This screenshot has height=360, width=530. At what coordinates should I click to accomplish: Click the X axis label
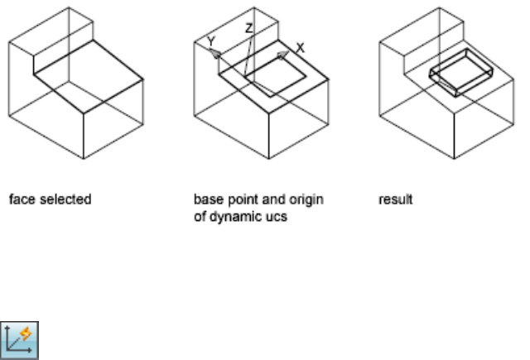click(301, 49)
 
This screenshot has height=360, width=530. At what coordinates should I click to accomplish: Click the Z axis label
click(248, 27)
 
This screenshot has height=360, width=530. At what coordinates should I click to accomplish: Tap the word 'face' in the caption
click(17, 199)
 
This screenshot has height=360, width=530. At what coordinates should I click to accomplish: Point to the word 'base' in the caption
click(204, 199)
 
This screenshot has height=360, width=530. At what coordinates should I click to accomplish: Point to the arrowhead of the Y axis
click(215, 52)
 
